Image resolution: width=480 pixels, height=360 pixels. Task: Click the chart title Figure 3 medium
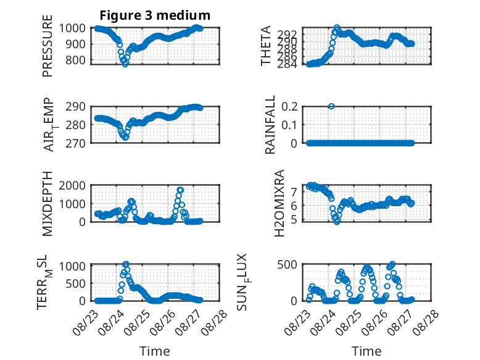(x=155, y=15)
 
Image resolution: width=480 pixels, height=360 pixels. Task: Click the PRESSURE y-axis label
(x=48, y=46)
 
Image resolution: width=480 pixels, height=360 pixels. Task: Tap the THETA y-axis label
(x=266, y=46)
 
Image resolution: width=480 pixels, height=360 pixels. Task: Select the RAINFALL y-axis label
(x=270, y=124)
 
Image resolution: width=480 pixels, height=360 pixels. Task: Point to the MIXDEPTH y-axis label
(x=48, y=203)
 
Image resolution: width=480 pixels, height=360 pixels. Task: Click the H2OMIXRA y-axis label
(x=279, y=203)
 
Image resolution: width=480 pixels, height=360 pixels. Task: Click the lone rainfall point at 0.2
(x=331, y=106)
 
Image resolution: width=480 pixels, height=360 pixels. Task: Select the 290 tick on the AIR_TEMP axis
(x=75, y=107)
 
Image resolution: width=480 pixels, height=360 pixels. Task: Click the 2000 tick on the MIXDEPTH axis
(x=72, y=185)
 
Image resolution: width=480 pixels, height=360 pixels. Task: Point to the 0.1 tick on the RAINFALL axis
(x=289, y=125)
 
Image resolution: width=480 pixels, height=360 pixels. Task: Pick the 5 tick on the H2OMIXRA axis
(x=294, y=220)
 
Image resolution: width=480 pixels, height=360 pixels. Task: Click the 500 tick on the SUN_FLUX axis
(x=287, y=264)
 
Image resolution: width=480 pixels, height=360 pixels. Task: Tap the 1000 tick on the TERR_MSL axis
(x=72, y=266)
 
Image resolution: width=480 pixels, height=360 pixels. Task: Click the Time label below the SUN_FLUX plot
(x=366, y=351)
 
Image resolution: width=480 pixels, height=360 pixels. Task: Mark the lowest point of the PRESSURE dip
(x=125, y=64)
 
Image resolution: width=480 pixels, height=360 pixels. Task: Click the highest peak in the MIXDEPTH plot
(x=180, y=190)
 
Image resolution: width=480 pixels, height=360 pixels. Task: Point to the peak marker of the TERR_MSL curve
(x=125, y=264)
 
